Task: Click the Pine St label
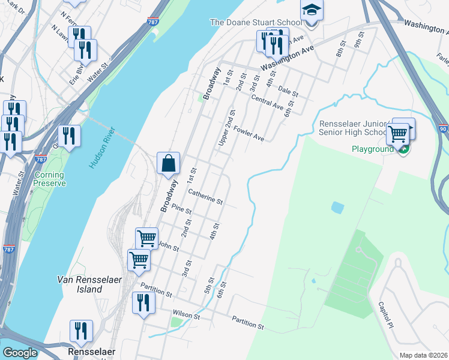click(x=181, y=210)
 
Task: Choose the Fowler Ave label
click(x=249, y=134)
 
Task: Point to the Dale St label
click(x=288, y=92)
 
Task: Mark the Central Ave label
click(x=267, y=102)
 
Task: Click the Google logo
click(x=20, y=353)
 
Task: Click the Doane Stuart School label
click(x=255, y=22)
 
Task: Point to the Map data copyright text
click(x=424, y=355)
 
